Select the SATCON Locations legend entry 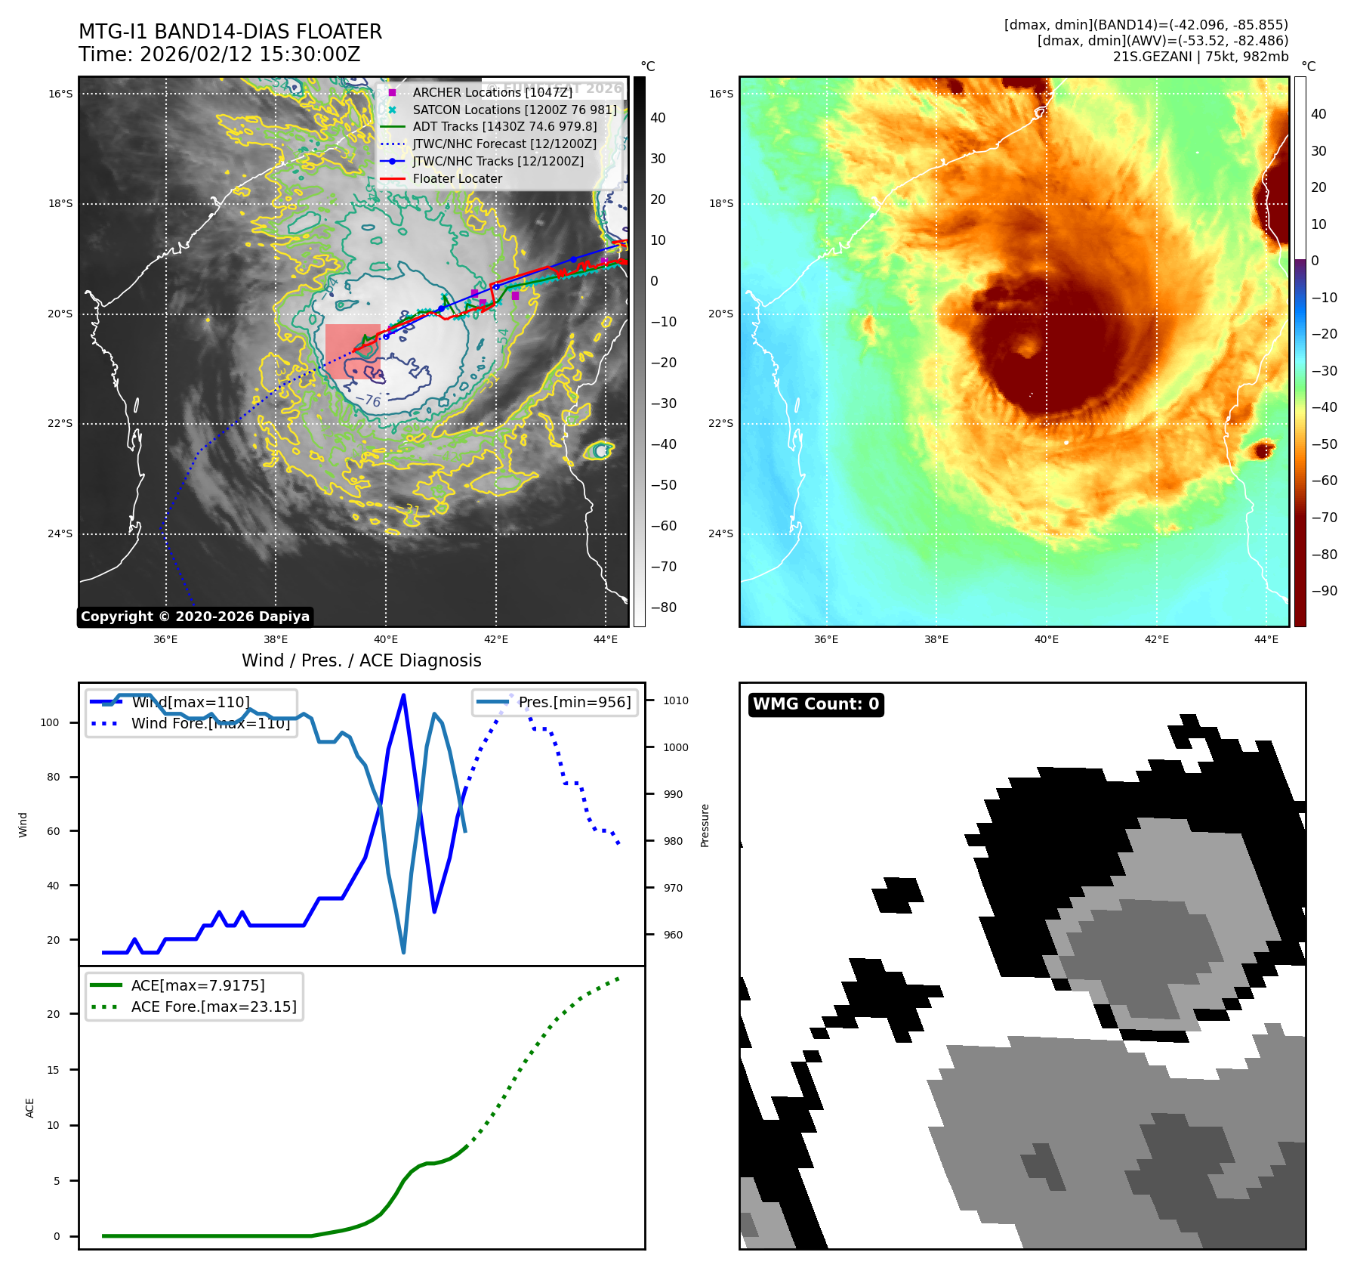[x=514, y=110]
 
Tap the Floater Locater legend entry [x=457, y=179]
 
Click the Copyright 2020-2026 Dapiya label [x=195, y=617]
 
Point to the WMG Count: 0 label [x=816, y=704]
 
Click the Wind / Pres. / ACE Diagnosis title [x=361, y=660]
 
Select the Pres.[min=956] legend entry [x=574, y=702]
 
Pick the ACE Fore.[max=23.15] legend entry [x=214, y=1006]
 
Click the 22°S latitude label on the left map [x=60, y=423]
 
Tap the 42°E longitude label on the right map [x=1156, y=639]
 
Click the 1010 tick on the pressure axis [x=676, y=700]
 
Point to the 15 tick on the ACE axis [x=53, y=1070]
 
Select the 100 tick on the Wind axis [x=50, y=722]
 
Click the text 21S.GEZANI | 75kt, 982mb [x=1200, y=56]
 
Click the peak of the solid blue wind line [x=403, y=695]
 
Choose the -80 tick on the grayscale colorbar [x=664, y=608]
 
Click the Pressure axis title [x=705, y=825]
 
